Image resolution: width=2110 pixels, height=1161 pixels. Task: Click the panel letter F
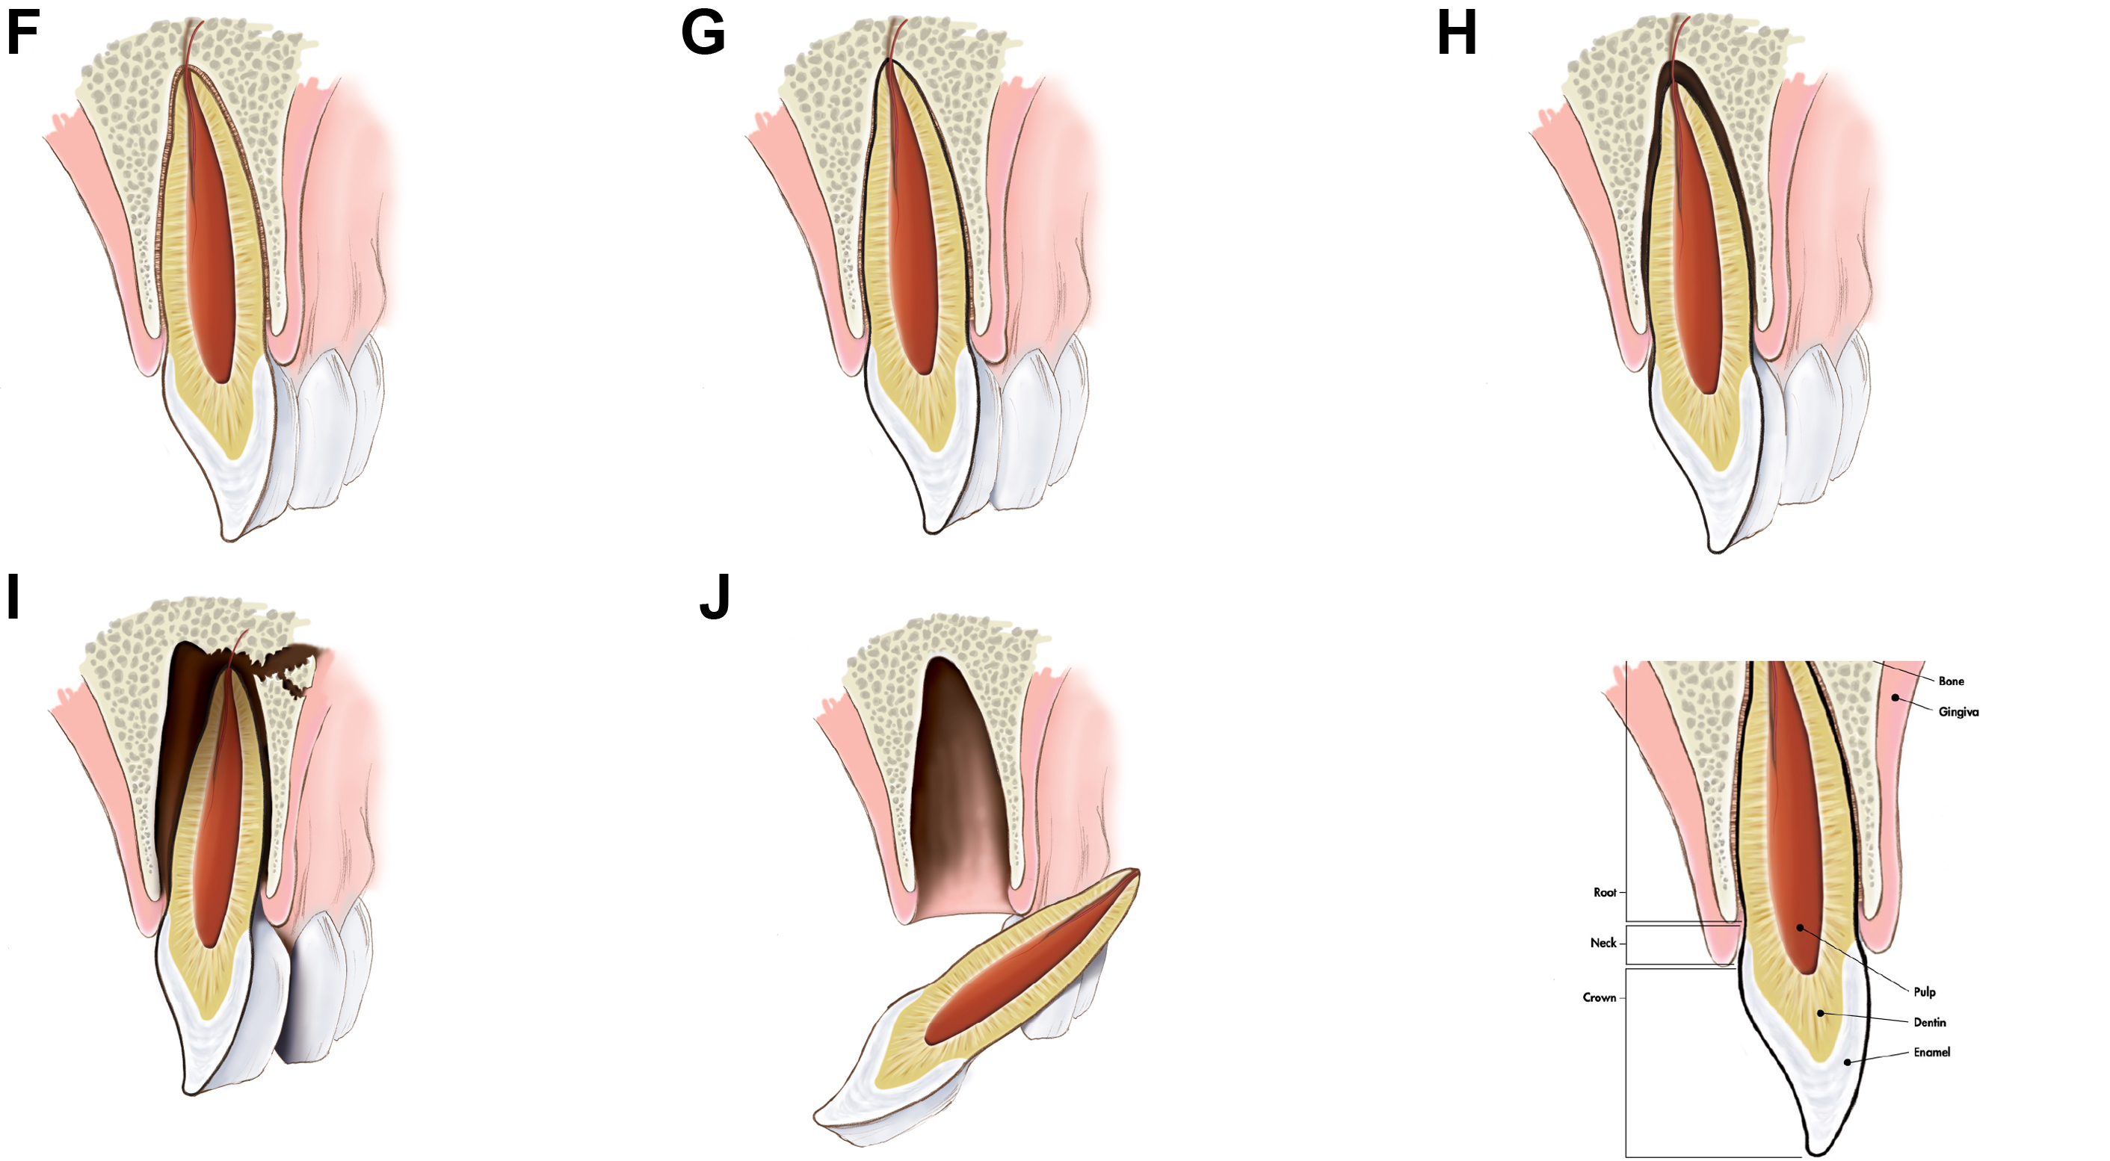(23, 34)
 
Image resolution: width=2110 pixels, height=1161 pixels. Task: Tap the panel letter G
(703, 34)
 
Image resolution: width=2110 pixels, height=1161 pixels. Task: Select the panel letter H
(1456, 34)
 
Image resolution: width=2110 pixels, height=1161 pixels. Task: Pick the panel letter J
(715, 597)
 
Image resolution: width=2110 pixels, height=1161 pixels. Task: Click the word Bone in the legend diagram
(1950, 681)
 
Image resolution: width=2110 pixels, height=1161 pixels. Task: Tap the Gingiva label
(1958, 712)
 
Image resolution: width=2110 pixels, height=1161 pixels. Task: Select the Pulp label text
(1924, 992)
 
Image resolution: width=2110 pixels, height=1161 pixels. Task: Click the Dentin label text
(1929, 1023)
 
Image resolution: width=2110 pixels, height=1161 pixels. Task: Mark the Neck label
(1603, 943)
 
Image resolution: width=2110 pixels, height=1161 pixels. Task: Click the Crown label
(1599, 998)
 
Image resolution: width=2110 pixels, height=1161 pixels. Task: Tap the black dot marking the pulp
(1800, 928)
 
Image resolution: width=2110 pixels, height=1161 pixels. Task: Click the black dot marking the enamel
(1846, 1062)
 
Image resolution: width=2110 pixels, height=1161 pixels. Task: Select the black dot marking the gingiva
(1895, 698)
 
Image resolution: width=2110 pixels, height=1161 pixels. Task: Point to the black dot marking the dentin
(1820, 1014)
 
